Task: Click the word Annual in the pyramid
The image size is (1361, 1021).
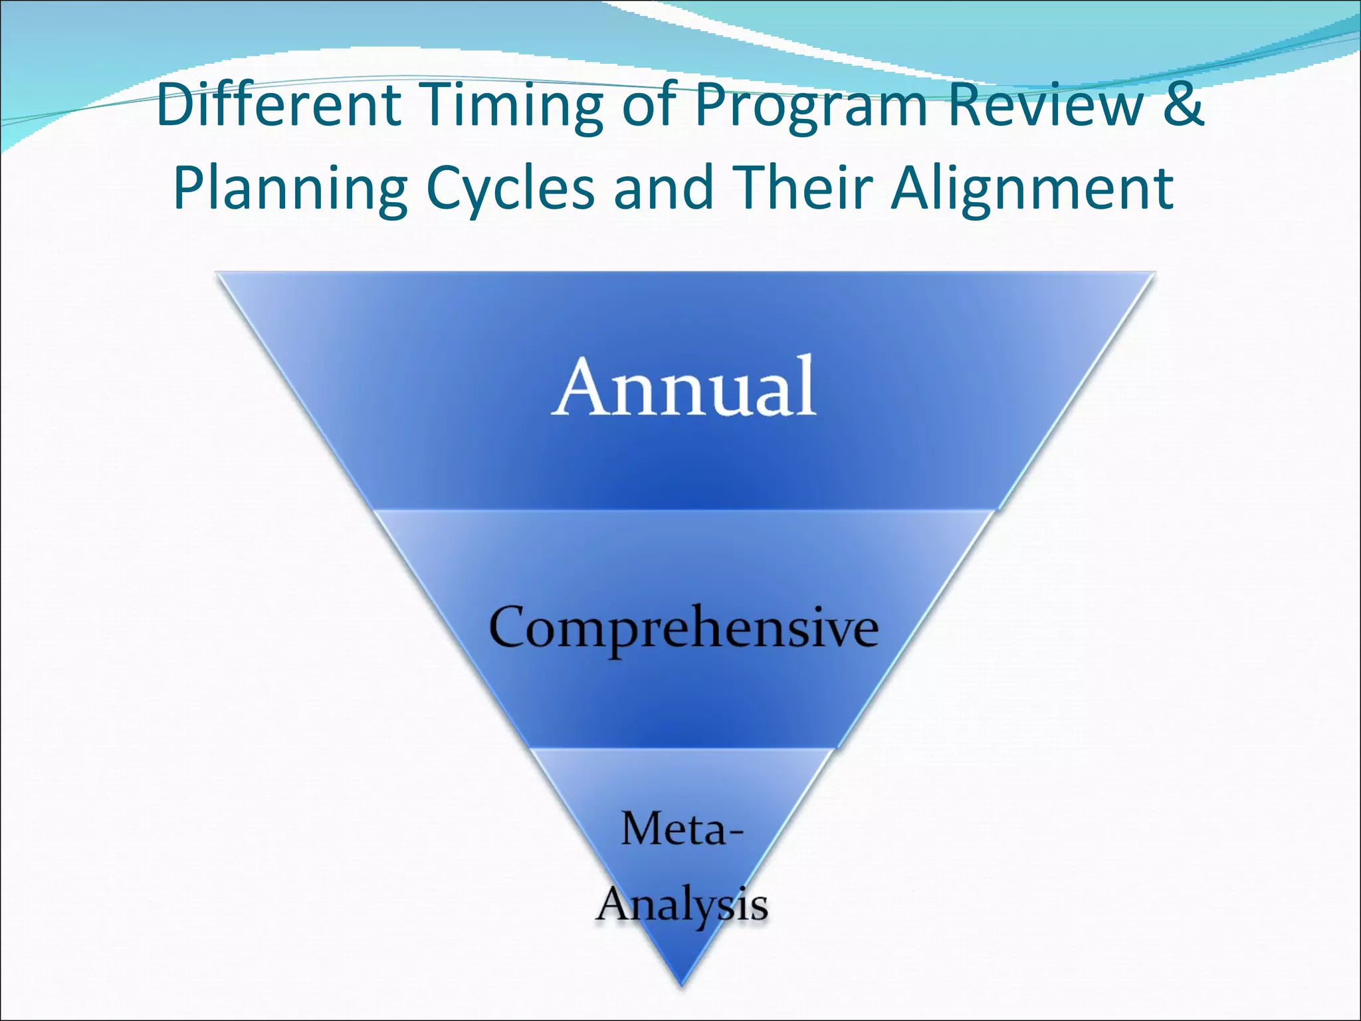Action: [684, 388]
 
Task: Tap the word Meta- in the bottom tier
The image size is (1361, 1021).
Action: [682, 830]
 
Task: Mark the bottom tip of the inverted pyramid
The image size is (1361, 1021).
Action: [682, 982]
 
